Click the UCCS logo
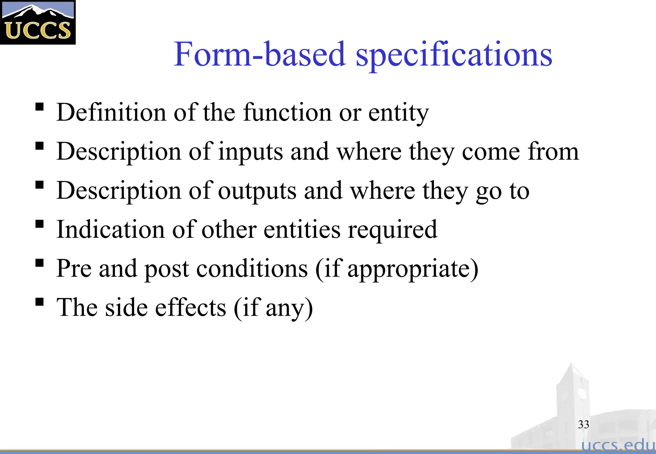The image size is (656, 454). [x=38, y=22]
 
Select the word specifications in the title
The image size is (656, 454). [x=454, y=55]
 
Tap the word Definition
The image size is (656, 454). [x=111, y=113]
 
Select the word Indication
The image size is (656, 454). [x=111, y=230]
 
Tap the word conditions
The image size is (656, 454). [x=252, y=269]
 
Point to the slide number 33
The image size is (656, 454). [x=583, y=425]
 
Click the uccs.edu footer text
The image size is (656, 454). [x=618, y=445]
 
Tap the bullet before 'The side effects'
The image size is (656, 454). [x=39, y=302]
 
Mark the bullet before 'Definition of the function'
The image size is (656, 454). [x=39, y=107]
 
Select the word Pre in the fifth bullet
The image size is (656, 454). [x=74, y=269]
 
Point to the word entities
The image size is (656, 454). [x=302, y=230]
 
